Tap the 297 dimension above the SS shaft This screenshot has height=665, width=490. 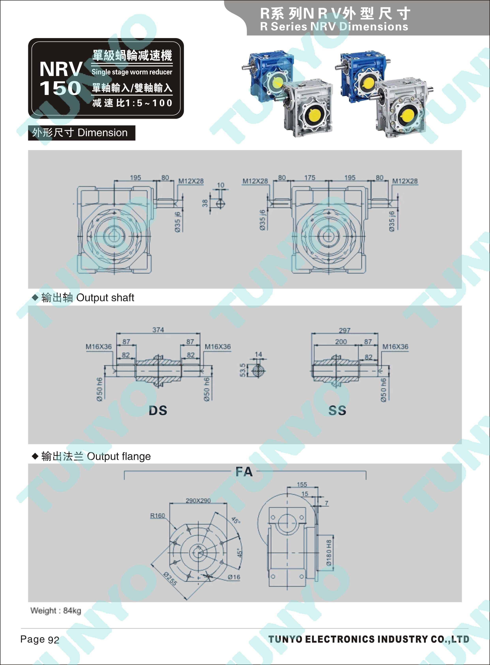pos(345,330)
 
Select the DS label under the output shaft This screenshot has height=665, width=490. pos(158,411)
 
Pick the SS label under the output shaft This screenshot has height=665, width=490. pos(337,411)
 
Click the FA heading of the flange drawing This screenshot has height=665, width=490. pos(244,472)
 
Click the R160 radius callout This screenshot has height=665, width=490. pos(157,516)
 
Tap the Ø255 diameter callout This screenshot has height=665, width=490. pos(170,579)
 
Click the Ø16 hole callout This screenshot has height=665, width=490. pos(234,577)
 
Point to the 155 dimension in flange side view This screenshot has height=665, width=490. pos(302,484)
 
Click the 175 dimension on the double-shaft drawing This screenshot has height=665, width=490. pos(310,177)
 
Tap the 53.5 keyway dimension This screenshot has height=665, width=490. pos(243,370)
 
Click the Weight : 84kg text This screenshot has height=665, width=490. pos(56,611)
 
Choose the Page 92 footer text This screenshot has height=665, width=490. pos(40,640)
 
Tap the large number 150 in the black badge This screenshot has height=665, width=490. pos(61,88)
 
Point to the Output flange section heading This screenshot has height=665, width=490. pos(119,456)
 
